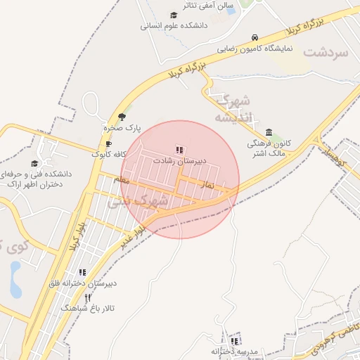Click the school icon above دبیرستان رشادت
[x=179, y=150]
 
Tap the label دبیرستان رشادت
[x=181, y=161]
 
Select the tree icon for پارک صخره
[x=122, y=117]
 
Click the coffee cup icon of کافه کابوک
[x=108, y=143]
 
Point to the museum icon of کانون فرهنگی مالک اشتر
[x=269, y=133]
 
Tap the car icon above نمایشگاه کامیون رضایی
[x=254, y=38]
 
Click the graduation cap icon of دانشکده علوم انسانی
[x=173, y=15]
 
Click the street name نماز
[x=207, y=184]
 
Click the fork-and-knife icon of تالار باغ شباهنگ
[x=88, y=297]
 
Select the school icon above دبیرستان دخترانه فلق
[x=82, y=272]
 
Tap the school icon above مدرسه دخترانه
[x=234, y=341]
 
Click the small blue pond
[x=15, y=279]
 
